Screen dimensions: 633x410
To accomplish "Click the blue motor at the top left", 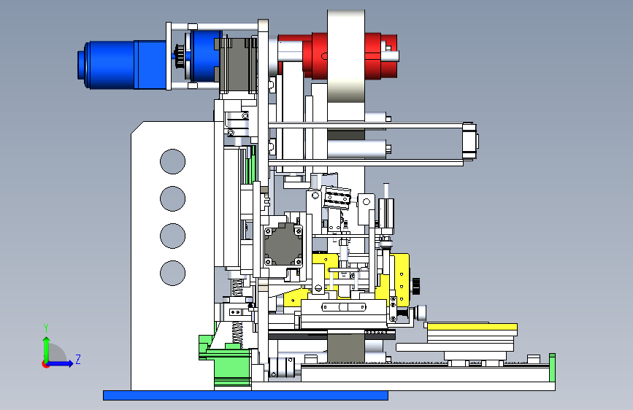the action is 121,65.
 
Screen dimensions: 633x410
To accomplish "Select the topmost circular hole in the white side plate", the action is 173,161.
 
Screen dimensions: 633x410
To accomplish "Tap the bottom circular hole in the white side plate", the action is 173,273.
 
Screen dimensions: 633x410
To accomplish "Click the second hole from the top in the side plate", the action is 173,198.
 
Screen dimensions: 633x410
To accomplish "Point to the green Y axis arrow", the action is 46,351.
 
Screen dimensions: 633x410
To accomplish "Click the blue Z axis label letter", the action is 78,359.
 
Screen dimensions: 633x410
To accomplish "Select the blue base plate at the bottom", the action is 245,395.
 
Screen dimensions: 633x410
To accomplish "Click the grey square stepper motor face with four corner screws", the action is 283,246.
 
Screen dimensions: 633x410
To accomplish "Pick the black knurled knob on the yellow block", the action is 416,286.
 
